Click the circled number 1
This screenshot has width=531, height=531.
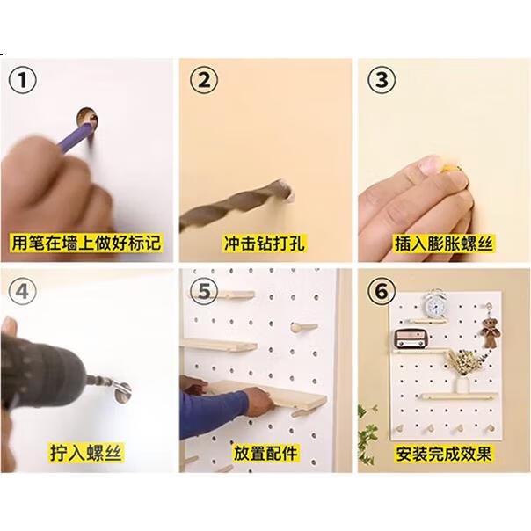22,81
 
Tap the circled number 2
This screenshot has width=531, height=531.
204,81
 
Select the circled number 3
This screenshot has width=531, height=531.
382,81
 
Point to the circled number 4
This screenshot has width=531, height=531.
22,292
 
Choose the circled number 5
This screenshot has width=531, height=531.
204,292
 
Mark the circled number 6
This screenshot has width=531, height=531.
382,292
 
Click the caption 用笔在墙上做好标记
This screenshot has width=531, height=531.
86,243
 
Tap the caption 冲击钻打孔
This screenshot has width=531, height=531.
264,244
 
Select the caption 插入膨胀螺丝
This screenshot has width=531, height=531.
444,244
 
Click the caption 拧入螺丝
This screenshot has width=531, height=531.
85,452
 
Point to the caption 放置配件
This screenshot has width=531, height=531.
265,453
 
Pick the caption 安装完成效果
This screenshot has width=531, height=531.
444,454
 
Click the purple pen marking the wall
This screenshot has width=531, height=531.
76,138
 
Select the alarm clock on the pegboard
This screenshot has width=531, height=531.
435,305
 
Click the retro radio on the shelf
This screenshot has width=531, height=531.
411,338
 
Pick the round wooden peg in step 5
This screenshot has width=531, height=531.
303,327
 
